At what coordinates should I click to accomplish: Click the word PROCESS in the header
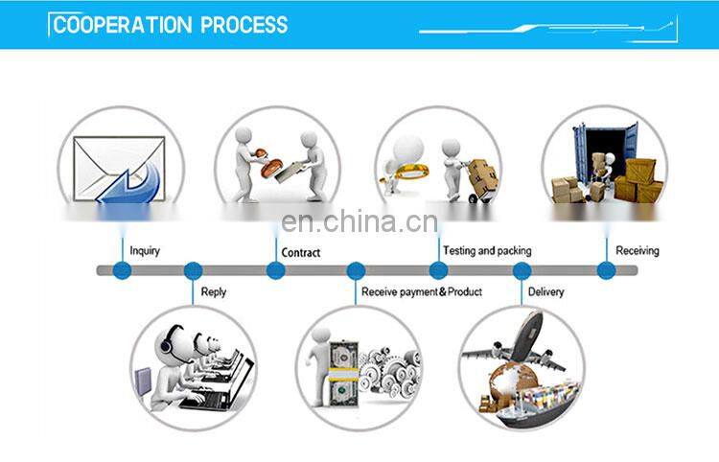(x=244, y=25)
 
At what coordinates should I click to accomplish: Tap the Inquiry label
(x=145, y=251)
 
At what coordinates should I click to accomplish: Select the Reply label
(x=214, y=291)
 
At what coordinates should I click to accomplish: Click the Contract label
(x=300, y=253)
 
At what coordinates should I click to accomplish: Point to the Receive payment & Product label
(x=421, y=291)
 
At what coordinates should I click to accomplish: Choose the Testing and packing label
(x=487, y=251)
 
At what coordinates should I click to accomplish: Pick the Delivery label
(x=545, y=291)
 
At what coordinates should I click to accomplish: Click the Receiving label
(x=638, y=251)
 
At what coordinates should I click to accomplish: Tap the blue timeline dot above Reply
(x=194, y=271)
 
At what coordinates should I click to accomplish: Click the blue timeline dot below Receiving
(x=606, y=271)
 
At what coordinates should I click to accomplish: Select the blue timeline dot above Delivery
(x=522, y=271)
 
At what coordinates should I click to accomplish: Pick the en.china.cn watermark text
(x=359, y=223)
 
